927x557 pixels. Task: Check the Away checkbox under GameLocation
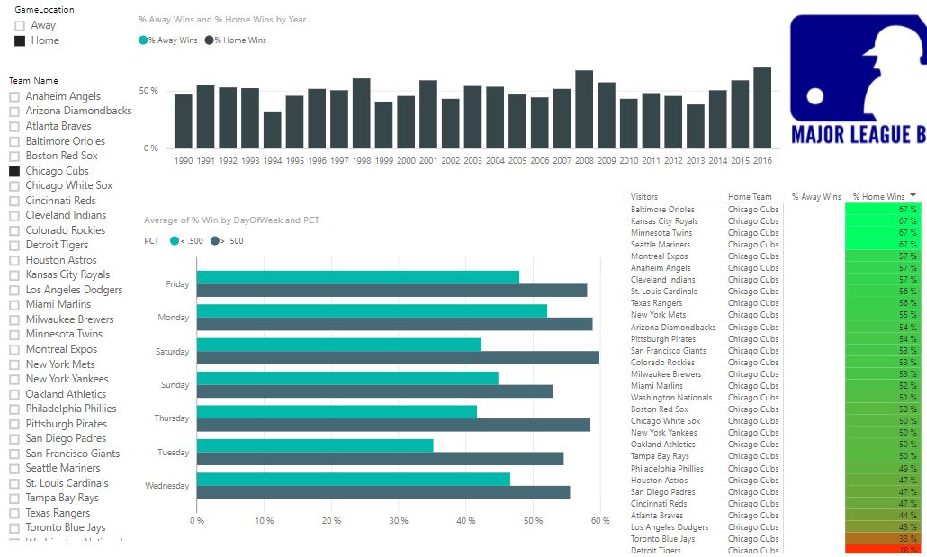pyautogui.click(x=20, y=26)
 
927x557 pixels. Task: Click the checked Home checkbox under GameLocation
pyautogui.click(x=20, y=40)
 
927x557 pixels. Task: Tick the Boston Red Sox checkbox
pyautogui.click(x=14, y=156)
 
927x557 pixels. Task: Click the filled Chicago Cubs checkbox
pyautogui.click(x=14, y=171)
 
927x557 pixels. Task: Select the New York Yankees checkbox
pyautogui.click(x=14, y=379)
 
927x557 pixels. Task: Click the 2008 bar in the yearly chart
pyautogui.click(x=584, y=109)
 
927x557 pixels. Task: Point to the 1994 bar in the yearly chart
pyautogui.click(x=272, y=130)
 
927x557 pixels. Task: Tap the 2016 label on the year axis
pyautogui.click(x=762, y=160)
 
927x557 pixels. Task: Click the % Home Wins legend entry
pyautogui.click(x=239, y=40)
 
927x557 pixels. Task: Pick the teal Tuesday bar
pyautogui.click(x=315, y=445)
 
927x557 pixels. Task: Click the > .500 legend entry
pyautogui.click(x=229, y=241)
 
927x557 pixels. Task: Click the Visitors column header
pyautogui.click(x=644, y=197)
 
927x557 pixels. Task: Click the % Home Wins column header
pyautogui.click(x=878, y=197)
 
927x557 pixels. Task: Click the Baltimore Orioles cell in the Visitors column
pyautogui.click(x=662, y=210)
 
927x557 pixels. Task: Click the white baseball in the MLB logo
pyautogui.click(x=814, y=94)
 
